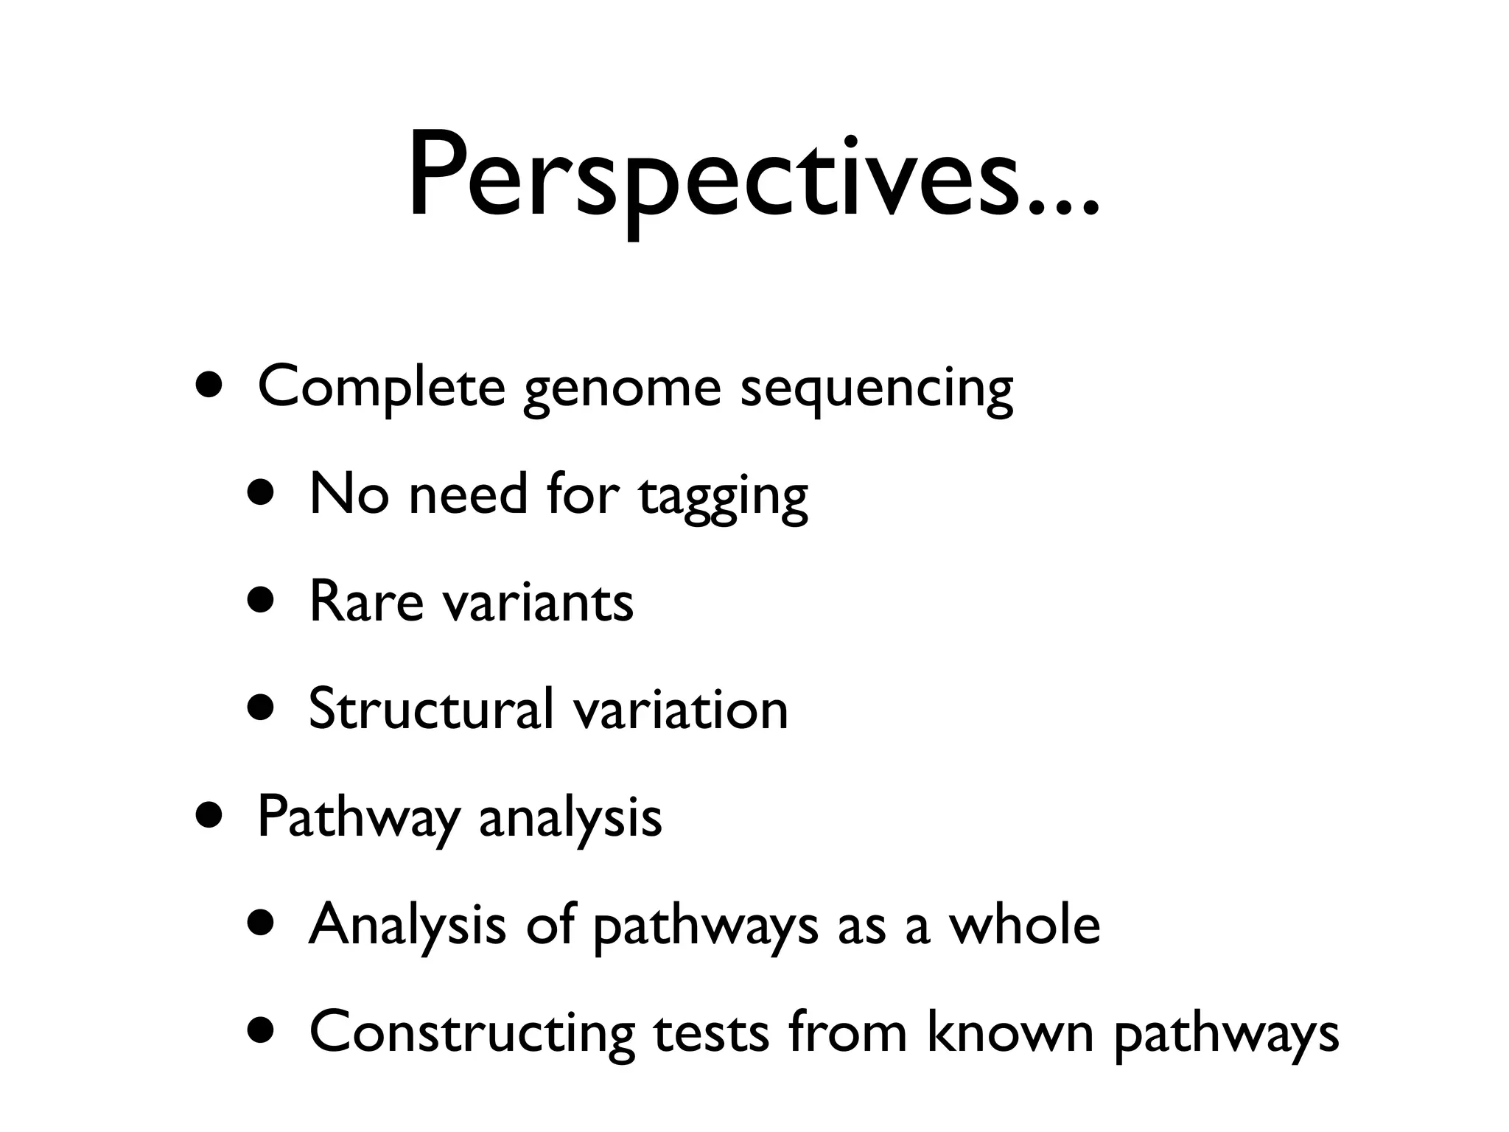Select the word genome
[621, 391]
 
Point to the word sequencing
[876, 391]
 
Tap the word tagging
[723, 497]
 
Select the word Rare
[365, 601]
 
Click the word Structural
[430, 709]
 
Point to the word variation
[680, 709]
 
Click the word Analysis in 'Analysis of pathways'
[407, 926]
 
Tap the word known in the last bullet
[1009, 1032]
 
